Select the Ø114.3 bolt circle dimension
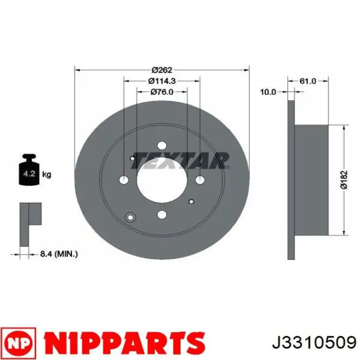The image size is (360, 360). (x=161, y=80)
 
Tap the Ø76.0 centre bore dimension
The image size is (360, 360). (x=161, y=92)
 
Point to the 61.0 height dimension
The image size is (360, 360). (x=308, y=81)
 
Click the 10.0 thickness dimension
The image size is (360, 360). (x=268, y=92)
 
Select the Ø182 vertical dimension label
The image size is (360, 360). (x=344, y=179)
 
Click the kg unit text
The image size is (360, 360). (x=46, y=175)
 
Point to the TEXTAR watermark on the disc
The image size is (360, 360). (x=180, y=160)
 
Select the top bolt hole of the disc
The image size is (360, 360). (x=161, y=145)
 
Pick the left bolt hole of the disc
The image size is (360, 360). (x=123, y=179)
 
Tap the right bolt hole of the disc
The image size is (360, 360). (x=200, y=179)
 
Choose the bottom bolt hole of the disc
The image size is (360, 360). (x=161, y=214)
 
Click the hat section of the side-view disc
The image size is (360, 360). (x=311, y=179)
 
